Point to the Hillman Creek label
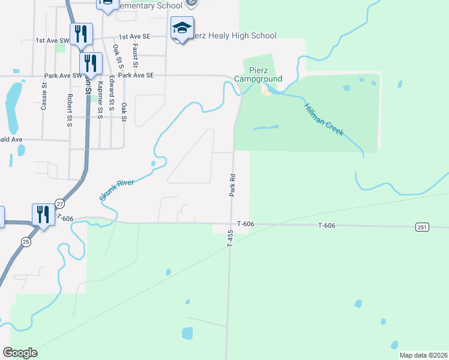[x=324, y=119]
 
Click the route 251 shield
[x=421, y=226]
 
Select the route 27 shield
[x=59, y=204]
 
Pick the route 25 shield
[x=26, y=242]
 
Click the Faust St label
[x=136, y=55]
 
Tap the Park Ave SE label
[x=136, y=75]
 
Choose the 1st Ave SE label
[x=134, y=37]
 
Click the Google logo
[x=20, y=353]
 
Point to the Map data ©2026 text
[x=423, y=355]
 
